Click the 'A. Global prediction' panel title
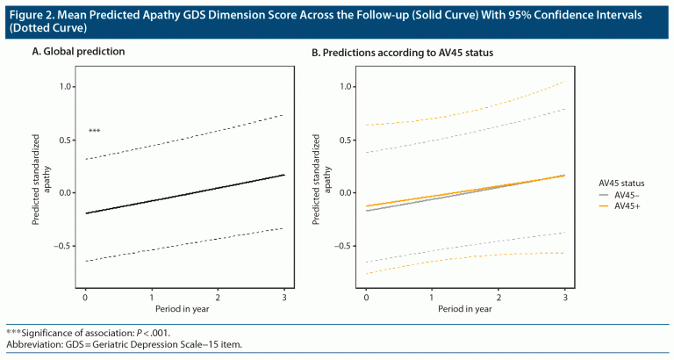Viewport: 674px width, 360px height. click(x=79, y=52)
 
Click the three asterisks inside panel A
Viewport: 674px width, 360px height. click(x=94, y=132)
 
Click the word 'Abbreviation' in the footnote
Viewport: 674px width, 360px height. click(x=35, y=344)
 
